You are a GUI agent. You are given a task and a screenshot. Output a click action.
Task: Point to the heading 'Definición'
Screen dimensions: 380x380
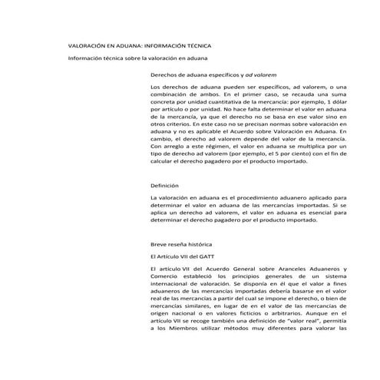pyautogui.click(x=164, y=186)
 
